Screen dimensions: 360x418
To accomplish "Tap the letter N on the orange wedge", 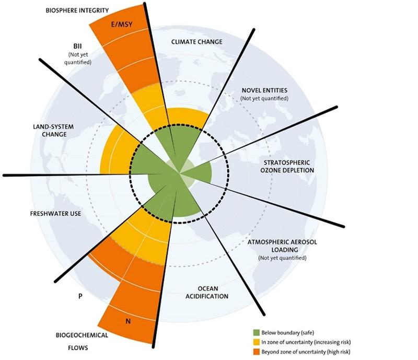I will (x=128, y=320).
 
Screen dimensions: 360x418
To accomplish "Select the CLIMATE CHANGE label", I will (x=197, y=42).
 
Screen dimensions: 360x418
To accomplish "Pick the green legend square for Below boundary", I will (x=257, y=333).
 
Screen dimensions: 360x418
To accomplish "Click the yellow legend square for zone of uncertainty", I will (x=257, y=342).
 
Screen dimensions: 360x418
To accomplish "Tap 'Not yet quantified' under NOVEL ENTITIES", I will (x=265, y=98).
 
